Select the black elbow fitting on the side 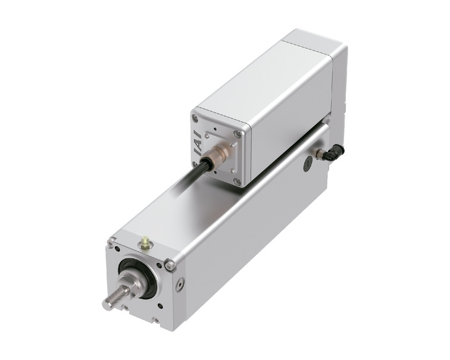(x=335, y=152)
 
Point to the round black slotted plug (x=307, y=165)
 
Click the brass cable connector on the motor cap (x=218, y=152)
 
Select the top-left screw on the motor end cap (x=195, y=117)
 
